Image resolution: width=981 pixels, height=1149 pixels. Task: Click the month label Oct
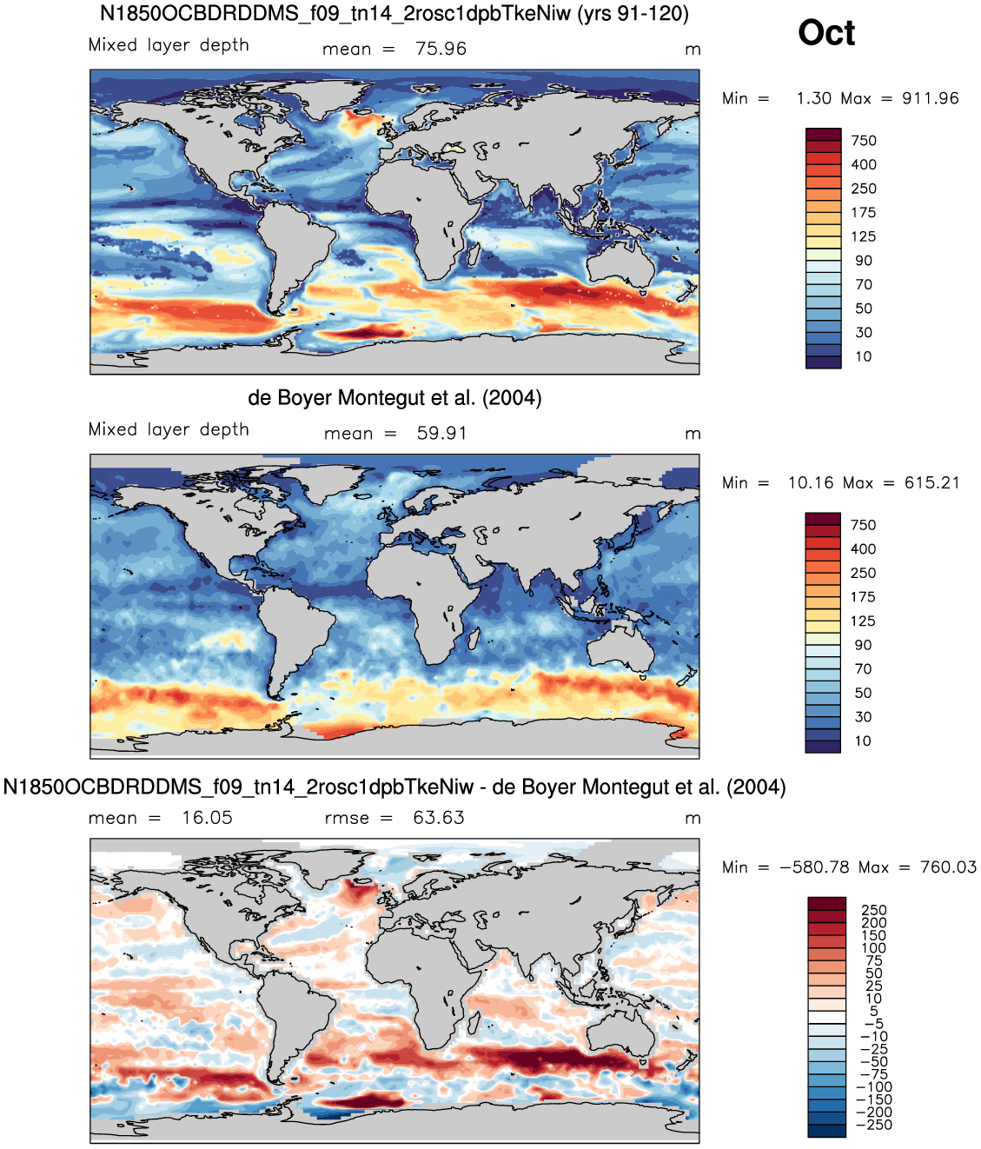[x=826, y=33]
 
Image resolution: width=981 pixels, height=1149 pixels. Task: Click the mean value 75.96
[x=441, y=49]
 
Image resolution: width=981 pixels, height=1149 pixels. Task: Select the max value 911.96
[x=930, y=98]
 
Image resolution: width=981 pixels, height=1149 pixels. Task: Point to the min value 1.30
[x=813, y=98]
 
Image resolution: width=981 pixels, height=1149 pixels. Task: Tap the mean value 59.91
[x=442, y=433]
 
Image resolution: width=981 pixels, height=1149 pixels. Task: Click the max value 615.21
[x=931, y=482]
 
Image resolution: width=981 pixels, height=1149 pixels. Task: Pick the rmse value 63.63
[x=439, y=818]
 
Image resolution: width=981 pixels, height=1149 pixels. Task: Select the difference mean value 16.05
[x=208, y=818]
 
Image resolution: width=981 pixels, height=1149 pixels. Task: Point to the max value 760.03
[x=948, y=867]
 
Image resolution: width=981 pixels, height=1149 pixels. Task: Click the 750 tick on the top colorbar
[x=863, y=141]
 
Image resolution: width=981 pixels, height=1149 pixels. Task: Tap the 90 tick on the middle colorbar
[x=863, y=645]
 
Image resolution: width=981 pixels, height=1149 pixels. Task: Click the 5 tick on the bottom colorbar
[x=874, y=1011]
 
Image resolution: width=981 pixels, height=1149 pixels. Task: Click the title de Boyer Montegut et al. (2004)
[x=394, y=398]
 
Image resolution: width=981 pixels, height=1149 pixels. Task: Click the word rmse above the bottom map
[x=347, y=818]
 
